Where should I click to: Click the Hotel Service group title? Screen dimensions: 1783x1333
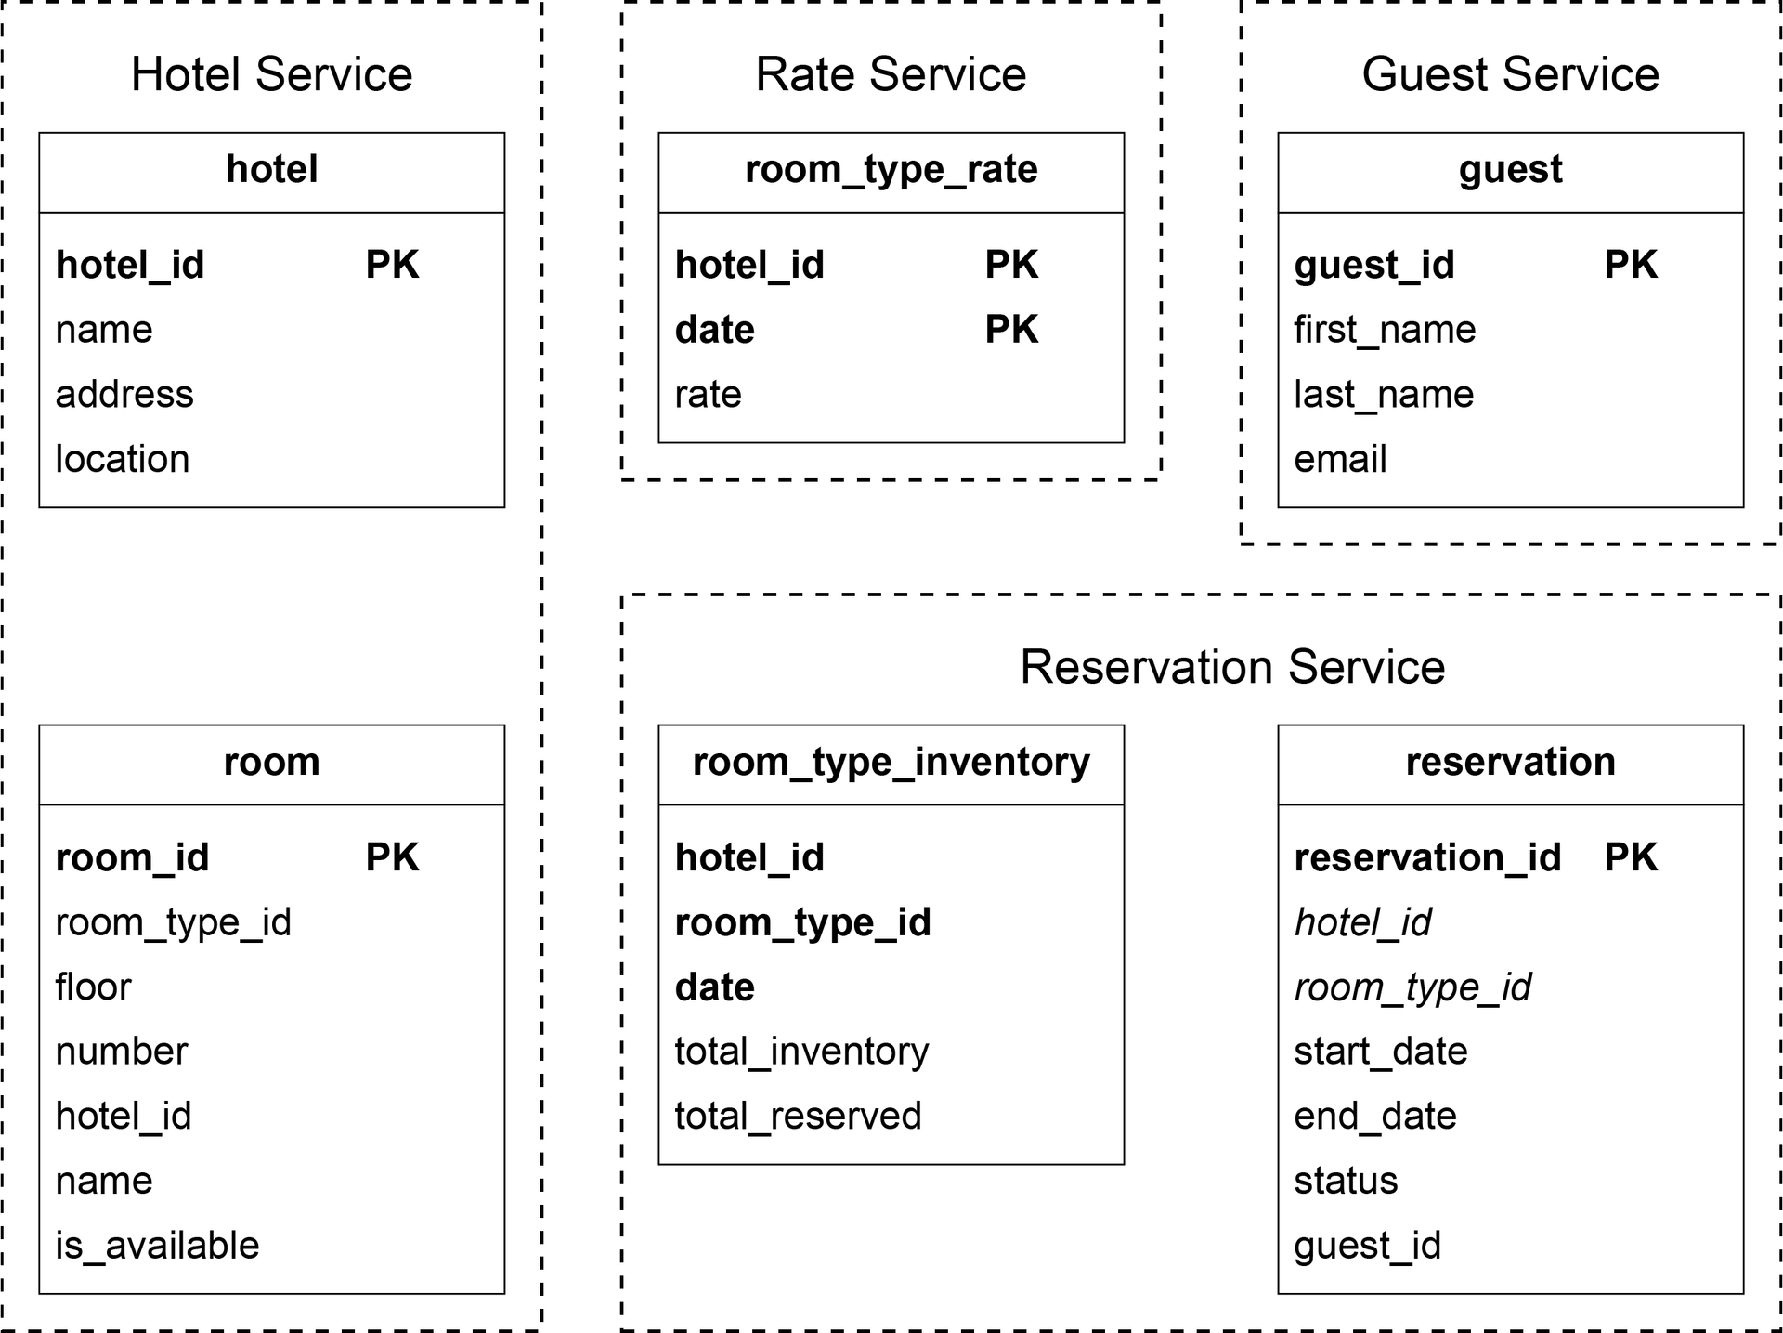tap(271, 74)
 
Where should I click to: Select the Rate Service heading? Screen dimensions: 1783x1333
tap(891, 74)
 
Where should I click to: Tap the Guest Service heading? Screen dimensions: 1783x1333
tap(1510, 74)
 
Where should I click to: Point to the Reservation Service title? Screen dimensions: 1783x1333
tap(1232, 667)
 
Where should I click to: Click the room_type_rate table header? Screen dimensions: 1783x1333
tap(891, 170)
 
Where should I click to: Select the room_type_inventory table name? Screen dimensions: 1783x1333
tap(891, 763)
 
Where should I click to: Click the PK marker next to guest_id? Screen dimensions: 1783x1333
tap(1631, 265)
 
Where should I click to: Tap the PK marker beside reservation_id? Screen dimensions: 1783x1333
tap(1631, 857)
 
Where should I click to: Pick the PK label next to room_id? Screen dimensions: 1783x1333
tap(392, 857)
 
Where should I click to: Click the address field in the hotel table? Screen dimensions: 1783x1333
tap(124, 395)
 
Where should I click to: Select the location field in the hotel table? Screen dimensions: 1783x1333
tap(123, 459)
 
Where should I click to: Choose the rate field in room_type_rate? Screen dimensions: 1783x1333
tap(708, 395)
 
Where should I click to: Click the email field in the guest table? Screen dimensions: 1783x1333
tap(1340, 459)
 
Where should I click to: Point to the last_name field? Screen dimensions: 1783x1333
tap(1384, 395)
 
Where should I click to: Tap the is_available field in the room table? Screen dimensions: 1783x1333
tap(157, 1246)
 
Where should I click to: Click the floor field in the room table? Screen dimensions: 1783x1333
tap(93, 987)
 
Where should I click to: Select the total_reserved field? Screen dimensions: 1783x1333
tap(798, 1117)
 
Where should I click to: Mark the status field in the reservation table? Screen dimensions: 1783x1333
tap(1346, 1181)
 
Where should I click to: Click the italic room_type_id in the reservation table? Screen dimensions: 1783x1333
tap(1412, 987)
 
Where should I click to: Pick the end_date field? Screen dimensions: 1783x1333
tap(1375, 1117)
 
